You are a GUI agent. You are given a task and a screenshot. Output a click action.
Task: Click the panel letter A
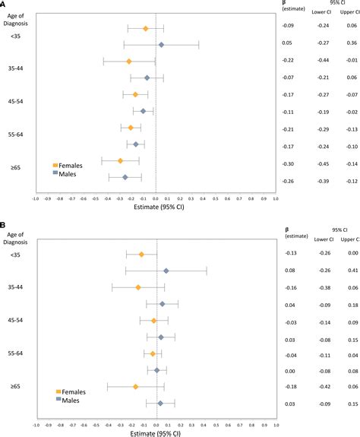[5, 5]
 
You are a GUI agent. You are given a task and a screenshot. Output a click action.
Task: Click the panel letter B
[5, 226]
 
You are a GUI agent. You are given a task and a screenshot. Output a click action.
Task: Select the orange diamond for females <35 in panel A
[146, 28]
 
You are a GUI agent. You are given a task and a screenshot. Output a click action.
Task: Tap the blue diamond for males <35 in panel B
[166, 271]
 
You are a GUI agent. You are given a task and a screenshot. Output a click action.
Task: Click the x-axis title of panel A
[156, 208]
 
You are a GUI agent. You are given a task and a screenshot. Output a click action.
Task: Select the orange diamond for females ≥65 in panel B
[135, 387]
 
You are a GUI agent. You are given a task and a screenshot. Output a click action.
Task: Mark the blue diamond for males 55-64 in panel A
[136, 144]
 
